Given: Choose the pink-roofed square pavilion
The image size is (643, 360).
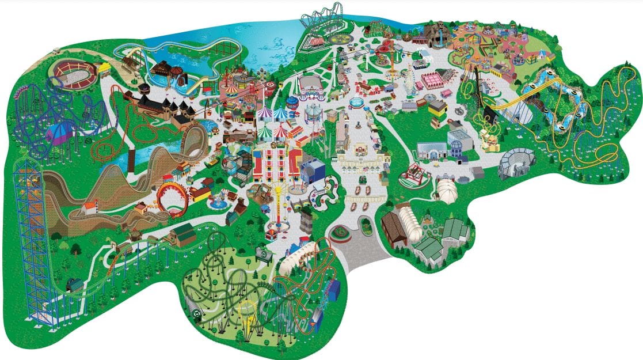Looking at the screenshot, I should click(x=438, y=79).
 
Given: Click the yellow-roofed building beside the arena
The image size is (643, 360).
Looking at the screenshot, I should click(x=104, y=69).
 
